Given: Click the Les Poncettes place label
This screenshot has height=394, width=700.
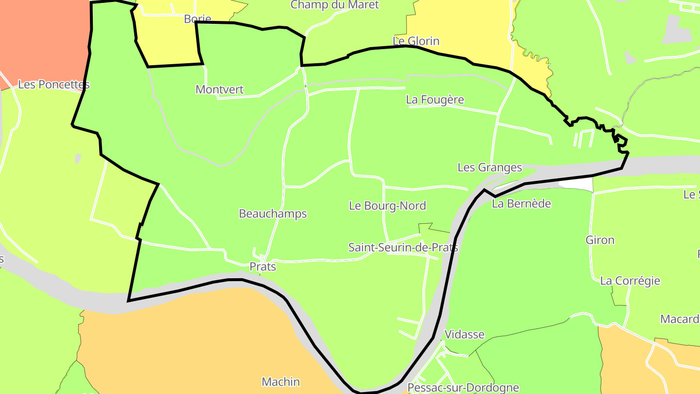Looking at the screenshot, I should tap(53, 85).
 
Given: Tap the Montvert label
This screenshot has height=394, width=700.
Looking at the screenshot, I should tap(219, 90).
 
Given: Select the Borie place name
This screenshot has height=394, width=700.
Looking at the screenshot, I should tap(197, 19).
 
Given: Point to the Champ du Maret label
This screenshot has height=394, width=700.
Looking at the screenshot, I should tap(334, 5).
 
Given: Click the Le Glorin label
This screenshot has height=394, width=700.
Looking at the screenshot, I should tap(416, 41).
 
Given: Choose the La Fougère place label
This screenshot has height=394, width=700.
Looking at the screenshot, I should tap(435, 100).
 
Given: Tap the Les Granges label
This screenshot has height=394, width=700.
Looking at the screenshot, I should tap(490, 168).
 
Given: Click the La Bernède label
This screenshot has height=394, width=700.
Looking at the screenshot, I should tap(522, 203).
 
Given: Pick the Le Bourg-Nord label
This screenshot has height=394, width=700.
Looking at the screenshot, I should tap(387, 206).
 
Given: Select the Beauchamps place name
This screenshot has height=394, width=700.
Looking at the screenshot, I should tap(273, 214).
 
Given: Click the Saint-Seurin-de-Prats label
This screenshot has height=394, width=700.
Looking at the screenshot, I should tap(403, 248).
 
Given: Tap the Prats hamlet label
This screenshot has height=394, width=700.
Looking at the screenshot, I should tap(262, 267).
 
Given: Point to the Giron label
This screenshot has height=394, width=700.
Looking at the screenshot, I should tap(600, 240).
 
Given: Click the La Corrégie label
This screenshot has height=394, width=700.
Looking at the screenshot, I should tap(630, 281).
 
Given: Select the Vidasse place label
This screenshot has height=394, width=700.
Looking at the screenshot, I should tap(464, 335).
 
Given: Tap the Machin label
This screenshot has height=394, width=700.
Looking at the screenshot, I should tap(280, 382).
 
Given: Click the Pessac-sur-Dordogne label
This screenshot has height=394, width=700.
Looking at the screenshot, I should tap(463, 388).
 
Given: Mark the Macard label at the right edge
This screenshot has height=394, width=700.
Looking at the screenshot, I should tap(680, 319).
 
